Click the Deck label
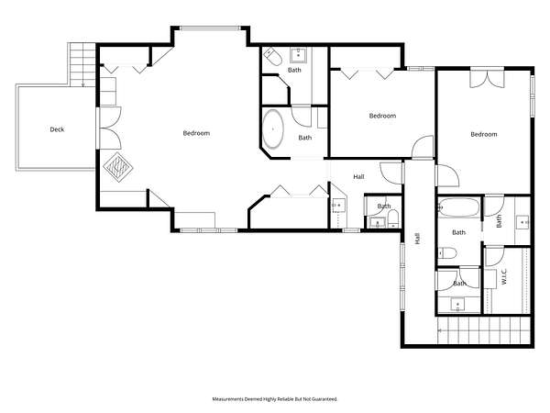[57, 129]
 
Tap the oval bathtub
[273, 129]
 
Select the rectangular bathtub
[458, 207]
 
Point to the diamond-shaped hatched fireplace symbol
[118, 167]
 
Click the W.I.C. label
[504, 276]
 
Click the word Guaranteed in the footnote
[324, 399]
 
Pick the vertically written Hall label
[417, 239]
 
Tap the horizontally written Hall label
[358, 176]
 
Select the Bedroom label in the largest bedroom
[196, 133]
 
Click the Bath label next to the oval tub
[305, 138]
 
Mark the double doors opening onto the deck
[109, 128]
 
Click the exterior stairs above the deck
[82, 64]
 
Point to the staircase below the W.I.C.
[484, 330]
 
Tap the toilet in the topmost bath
[273, 57]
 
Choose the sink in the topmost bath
[299, 55]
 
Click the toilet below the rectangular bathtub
[447, 253]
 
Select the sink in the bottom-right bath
[457, 304]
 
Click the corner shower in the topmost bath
[276, 90]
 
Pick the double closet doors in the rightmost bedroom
[488, 79]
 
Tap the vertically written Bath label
[499, 221]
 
